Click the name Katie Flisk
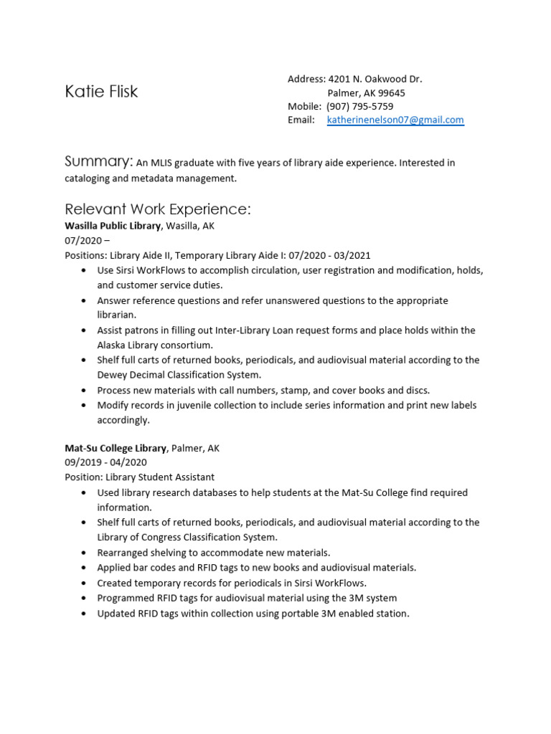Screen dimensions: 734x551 click(x=101, y=92)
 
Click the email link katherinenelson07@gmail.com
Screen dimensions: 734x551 click(x=395, y=120)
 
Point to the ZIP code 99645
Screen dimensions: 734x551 click(x=391, y=93)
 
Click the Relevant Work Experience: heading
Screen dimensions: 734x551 click(x=157, y=209)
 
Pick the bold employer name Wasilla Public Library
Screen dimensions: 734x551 click(x=113, y=226)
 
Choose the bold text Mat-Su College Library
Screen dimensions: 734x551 click(x=116, y=448)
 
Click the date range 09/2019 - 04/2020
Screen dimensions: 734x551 click(x=105, y=462)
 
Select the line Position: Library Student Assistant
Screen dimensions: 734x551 click(x=139, y=477)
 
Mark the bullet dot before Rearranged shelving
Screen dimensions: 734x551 click(x=85, y=553)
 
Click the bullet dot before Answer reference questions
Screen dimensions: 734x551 click(x=85, y=301)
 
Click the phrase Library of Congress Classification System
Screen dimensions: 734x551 click(x=187, y=537)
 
